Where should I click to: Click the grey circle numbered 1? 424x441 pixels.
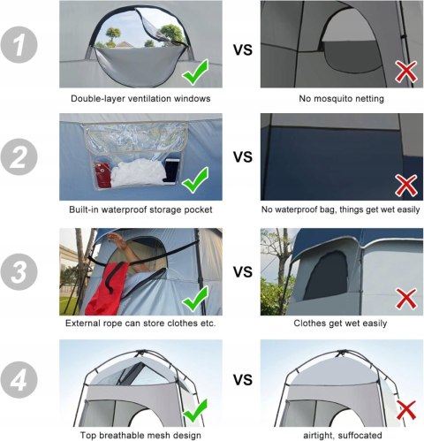pos(19,45)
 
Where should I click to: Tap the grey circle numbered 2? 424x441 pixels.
pos(19,157)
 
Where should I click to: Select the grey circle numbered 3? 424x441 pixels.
pos(19,271)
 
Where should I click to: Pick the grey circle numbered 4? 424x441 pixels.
pos(19,379)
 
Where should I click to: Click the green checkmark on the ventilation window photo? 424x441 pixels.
pos(195,72)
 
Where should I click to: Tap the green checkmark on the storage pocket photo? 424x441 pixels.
pos(195,180)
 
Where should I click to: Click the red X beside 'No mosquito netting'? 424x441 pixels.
pos(406,72)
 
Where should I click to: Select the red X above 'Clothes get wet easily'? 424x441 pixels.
pos(406,299)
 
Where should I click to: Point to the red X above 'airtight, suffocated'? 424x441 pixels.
pos(406,410)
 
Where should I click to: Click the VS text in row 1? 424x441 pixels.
pos(243,49)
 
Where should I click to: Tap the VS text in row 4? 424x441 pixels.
pos(243,380)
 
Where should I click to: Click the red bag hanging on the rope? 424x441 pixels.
pos(108,288)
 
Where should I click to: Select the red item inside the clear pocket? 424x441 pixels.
pos(102,175)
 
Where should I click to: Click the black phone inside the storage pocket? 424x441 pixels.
pos(170,170)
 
